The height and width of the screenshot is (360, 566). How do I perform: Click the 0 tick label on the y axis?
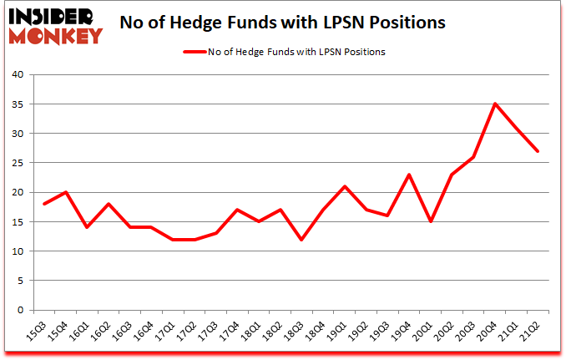click(x=23, y=310)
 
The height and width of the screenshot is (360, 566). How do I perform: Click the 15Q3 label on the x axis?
click(x=38, y=332)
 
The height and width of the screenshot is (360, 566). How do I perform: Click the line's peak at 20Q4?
click(x=496, y=104)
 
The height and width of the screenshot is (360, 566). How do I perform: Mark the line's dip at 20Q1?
click(x=432, y=221)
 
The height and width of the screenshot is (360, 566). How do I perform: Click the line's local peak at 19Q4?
click(x=410, y=175)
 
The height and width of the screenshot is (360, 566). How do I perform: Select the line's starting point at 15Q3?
click(x=45, y=204)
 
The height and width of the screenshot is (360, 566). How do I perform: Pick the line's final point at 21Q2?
click(x=538, y=151)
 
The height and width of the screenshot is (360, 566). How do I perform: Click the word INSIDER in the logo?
click(x=54, y=16)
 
